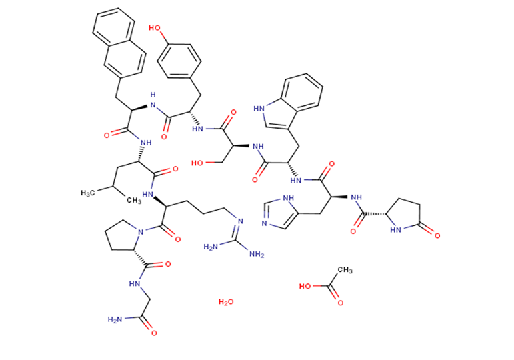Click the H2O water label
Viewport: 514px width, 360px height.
(x=226, y=303)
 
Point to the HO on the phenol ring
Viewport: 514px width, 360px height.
(x=153, y=29)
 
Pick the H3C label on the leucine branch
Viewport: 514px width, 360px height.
(x=90, y=193)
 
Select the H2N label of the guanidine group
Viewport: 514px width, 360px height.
(x=219, y=248)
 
